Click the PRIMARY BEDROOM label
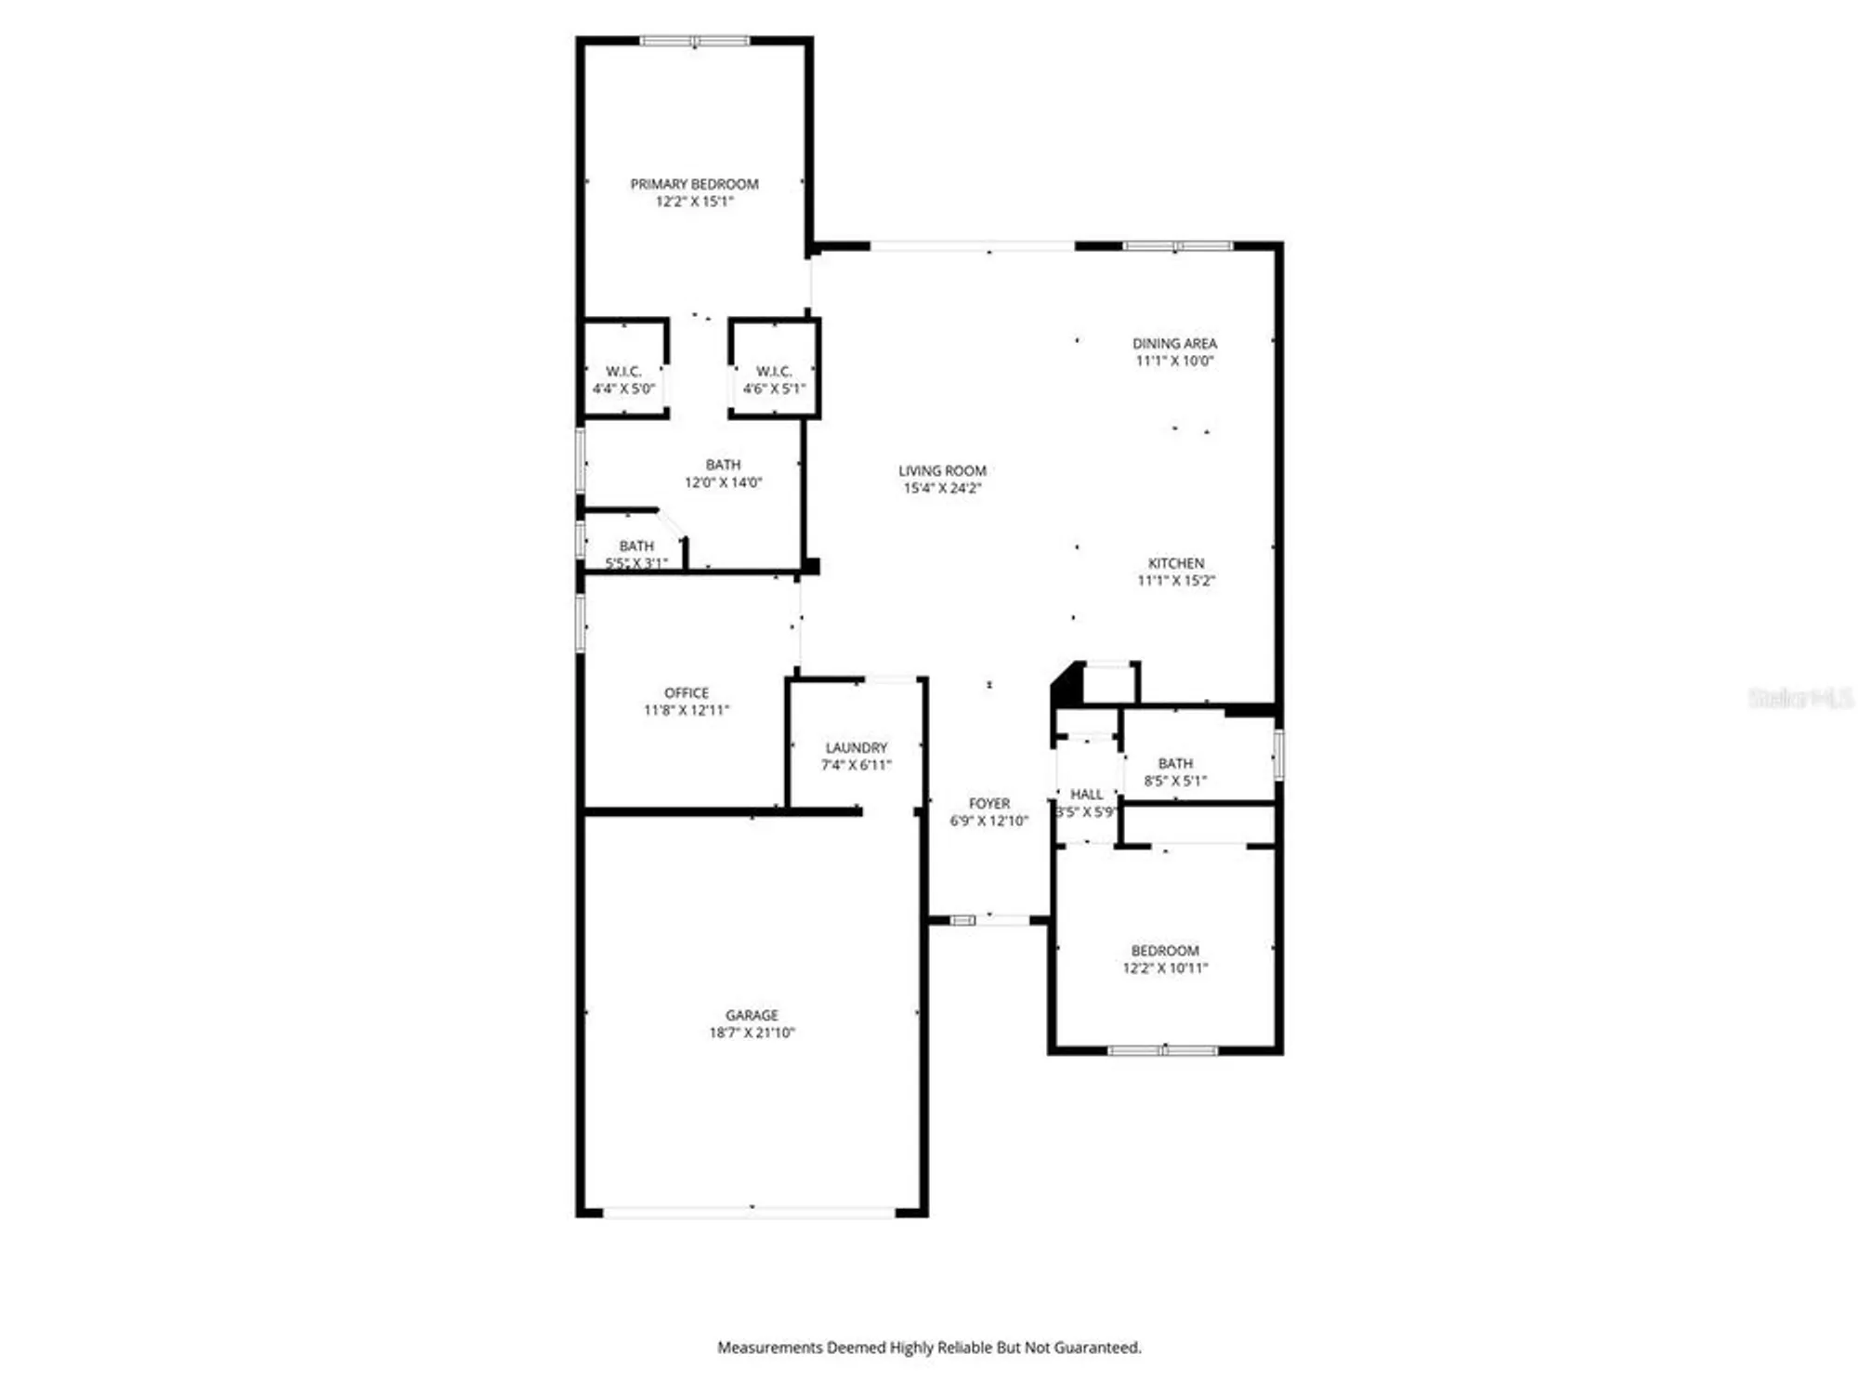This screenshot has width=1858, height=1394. [694, 184]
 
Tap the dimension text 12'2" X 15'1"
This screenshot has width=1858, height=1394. [694, 202]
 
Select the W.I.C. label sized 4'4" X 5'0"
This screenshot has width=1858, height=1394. [623, 372]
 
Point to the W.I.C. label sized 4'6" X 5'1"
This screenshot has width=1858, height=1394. [774, 372]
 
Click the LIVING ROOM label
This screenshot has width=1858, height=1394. [942, 471]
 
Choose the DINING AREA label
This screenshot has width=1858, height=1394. [1174, 344]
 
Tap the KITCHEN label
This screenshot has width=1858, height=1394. [1176, 563]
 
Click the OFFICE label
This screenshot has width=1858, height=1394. [687, 693]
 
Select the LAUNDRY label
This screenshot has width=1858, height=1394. [857, 748]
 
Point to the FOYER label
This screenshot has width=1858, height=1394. [988, 804]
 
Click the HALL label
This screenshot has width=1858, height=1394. [1086, 795]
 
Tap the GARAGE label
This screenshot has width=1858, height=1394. [752, 1016]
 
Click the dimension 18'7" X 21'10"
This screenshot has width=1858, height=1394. [752, 1033]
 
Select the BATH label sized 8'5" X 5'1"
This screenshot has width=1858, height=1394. [1175, 764]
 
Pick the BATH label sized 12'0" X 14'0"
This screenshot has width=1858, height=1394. [723, 465]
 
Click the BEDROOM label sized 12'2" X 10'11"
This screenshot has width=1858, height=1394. [1165, 951]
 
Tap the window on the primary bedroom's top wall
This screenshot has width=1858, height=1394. [694, 41]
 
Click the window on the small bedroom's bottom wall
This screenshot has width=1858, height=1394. [1162, 1051]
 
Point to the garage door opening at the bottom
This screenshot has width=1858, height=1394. [749, 1212]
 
